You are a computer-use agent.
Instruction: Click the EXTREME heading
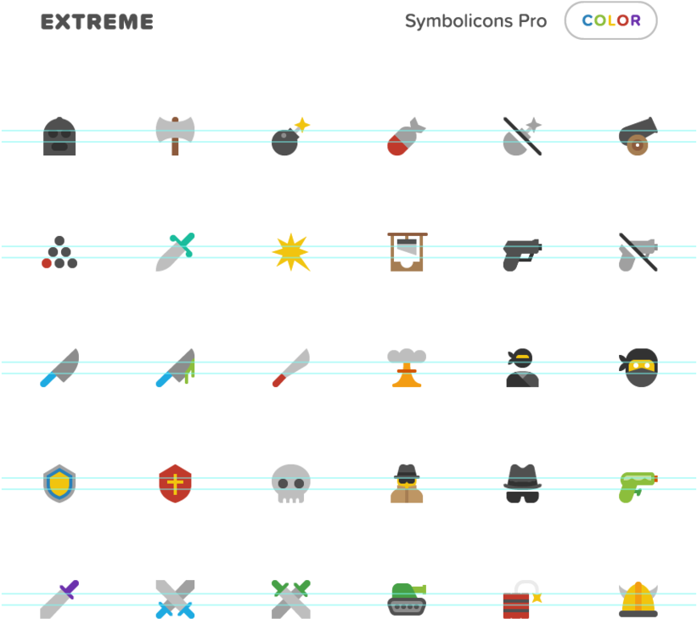(97, 22)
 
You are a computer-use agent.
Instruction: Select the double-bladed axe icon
(175, 136)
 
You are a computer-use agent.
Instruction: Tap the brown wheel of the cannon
(638, 145)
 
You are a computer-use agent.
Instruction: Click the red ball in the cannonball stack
(47, 263)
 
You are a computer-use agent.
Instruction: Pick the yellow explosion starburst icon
(290, 252)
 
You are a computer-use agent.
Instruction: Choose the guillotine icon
(408, 251)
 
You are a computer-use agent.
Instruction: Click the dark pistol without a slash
(522, 255)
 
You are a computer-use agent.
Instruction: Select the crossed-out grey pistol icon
(638, 252)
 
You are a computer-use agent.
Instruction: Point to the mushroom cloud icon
(407, 368)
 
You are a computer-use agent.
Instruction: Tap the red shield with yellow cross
(175, 483)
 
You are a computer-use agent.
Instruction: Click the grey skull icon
(290, 483)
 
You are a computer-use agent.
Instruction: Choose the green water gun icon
(638, 487)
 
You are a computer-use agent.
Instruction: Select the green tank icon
(407, 599)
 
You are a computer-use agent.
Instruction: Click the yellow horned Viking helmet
(638, 599)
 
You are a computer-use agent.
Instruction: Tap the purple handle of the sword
(70, 588)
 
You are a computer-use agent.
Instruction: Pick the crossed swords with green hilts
(290, 599)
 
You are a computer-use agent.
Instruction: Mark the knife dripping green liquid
(175, 368)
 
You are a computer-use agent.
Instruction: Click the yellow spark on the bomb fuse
(302, 125)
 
